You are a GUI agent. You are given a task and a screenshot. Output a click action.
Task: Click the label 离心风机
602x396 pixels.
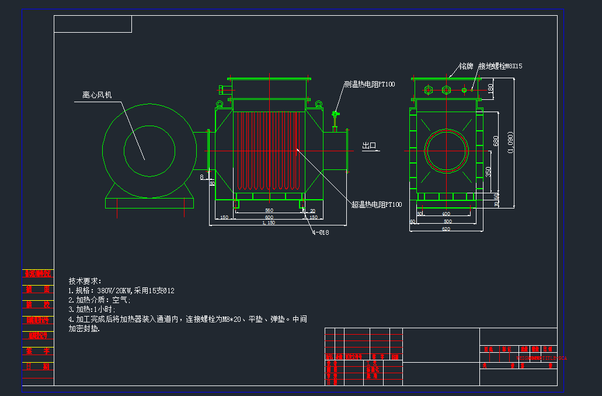coord(96,95)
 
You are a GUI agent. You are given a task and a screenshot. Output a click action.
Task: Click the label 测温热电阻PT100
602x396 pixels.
coord(369,85)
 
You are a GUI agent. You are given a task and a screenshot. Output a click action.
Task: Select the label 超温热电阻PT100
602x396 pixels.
coord(377,204)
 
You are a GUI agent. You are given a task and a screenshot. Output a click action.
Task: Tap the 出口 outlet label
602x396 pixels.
coord(369,146)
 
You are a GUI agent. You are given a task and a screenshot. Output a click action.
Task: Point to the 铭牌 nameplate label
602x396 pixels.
coord(465,66)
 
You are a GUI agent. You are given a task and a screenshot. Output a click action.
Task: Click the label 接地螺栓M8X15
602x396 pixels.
coord(500,66)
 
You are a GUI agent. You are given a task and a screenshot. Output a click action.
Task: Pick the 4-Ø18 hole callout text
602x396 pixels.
coord(321,232)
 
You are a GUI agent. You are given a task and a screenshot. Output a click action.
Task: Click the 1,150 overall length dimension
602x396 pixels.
coord(268,223)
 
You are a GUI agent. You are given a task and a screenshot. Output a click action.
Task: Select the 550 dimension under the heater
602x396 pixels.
coord(269,210)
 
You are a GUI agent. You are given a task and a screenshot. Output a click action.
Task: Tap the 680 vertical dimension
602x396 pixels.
coord(496,141)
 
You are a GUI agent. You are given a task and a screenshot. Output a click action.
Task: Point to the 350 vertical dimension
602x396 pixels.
coord(489,172)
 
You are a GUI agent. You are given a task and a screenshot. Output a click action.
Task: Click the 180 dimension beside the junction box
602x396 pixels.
coord(490,89)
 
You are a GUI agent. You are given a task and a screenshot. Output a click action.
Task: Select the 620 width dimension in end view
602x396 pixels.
coord(446,229)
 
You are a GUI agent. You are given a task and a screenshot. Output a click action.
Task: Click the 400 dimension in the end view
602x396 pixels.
coord(446,214)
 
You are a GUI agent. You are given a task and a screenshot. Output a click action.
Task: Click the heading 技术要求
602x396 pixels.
coord(85,281)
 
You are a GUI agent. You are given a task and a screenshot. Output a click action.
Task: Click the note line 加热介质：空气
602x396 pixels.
coord(100,300)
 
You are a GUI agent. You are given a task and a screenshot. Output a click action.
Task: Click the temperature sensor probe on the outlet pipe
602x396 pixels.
coord(335,119)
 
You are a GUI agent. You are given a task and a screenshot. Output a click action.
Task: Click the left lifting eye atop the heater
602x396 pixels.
coord(220,105)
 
